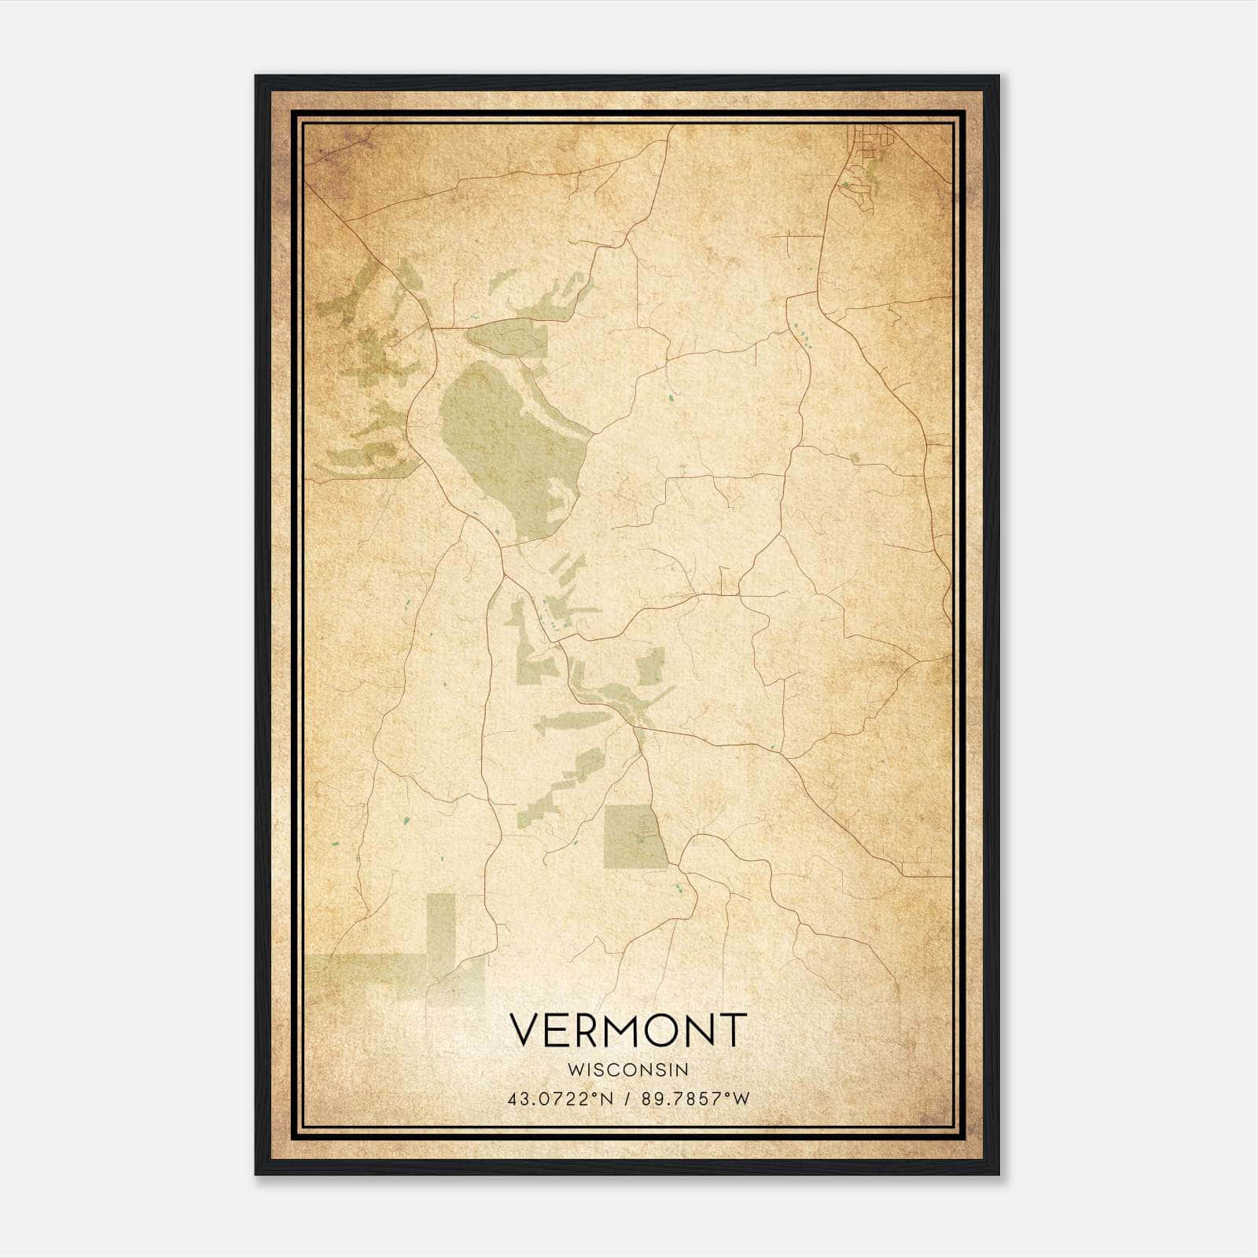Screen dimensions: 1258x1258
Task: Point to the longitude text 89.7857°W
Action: click(695, 1098)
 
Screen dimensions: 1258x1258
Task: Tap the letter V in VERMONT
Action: click(526, 1030)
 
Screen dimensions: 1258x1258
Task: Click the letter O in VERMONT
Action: click(656, 1030)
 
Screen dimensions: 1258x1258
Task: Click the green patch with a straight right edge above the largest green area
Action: click(511, 338)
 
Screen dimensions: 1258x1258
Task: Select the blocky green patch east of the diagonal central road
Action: click(649, 668)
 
